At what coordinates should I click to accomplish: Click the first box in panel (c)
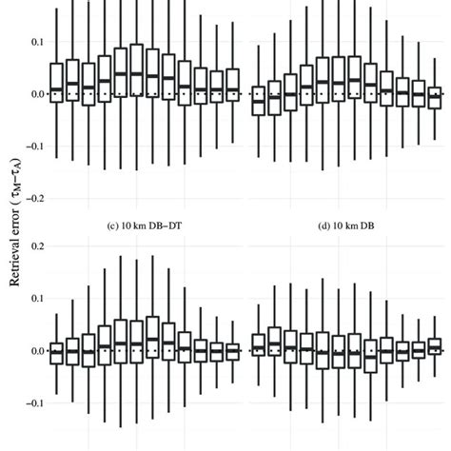point(55,348)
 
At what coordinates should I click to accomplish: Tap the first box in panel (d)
point(258,343)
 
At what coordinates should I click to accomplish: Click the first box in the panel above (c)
point(55,81)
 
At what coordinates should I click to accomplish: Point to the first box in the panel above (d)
point(258,100)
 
